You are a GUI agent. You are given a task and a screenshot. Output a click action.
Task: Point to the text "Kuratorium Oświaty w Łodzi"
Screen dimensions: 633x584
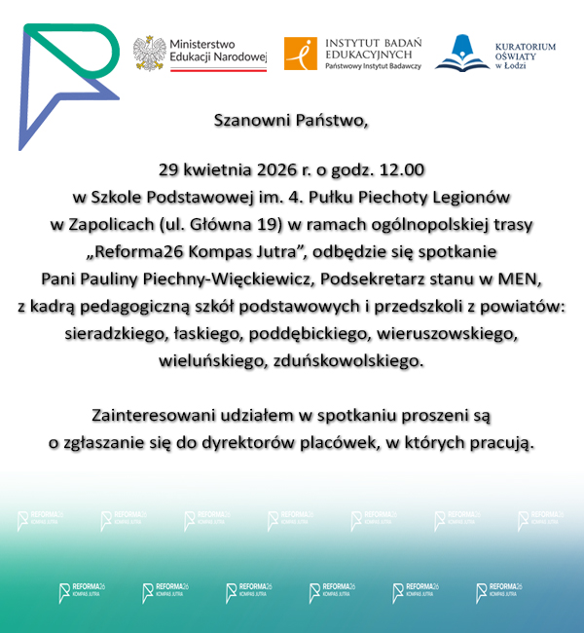[x=526, y=55]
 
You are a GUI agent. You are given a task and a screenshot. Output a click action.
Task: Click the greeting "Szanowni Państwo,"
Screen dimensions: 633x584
[x=292, y=122]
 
